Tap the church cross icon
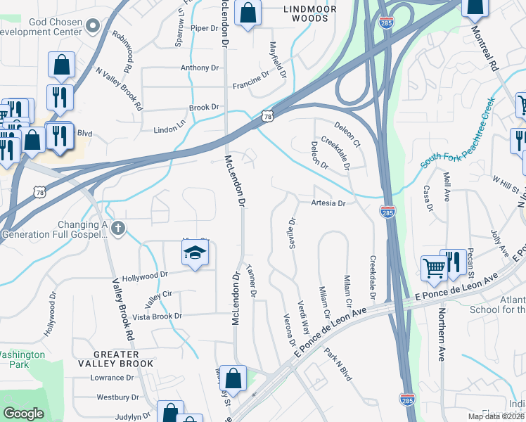pos(118,228)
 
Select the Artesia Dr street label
pos(328,203)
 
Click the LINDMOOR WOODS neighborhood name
pos(309,9)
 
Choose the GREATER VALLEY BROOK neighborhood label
pos(123,358)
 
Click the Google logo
pos(23,414)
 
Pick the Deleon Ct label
pos(347,134)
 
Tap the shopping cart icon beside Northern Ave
pos(434,267)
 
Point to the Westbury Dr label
pos(114,397)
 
